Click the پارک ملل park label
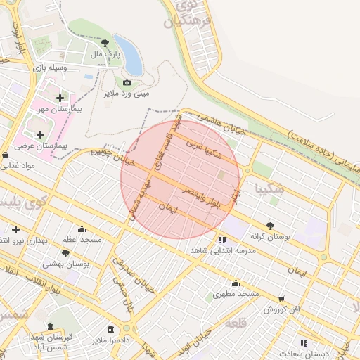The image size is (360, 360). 107,54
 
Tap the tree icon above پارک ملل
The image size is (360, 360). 105,43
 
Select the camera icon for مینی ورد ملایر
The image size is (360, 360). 127,82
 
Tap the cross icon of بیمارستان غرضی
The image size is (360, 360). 40,134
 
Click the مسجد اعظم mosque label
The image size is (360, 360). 81,240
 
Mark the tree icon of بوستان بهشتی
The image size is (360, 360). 65,252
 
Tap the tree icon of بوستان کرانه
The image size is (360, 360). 270,226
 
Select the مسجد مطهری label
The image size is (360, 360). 236,292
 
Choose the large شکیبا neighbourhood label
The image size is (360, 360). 271,188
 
